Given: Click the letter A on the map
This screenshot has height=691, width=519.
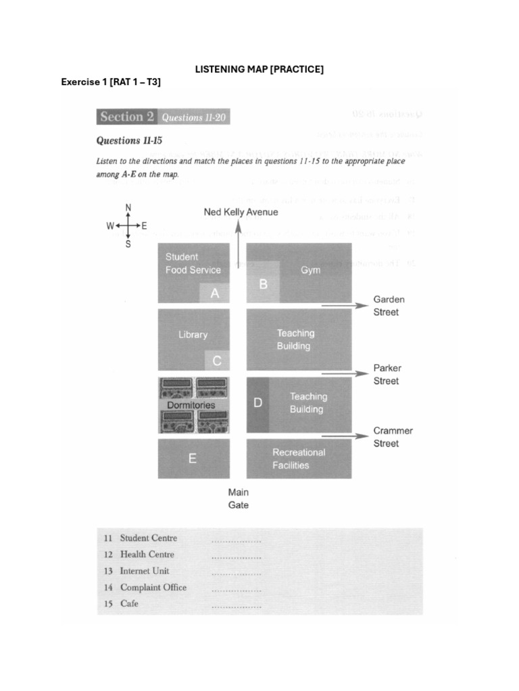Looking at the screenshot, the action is click(x=215, y=294).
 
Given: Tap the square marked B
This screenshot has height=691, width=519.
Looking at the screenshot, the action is click(x=264, y=284).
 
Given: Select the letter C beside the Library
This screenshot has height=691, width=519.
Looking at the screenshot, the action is click(x=217, y=361).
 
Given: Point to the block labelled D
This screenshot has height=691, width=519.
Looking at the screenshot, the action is click(x=257, y=404).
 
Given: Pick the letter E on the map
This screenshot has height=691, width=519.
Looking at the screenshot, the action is click(x=193, y=459).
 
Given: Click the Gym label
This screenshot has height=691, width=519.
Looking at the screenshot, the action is click(x=311, y=270).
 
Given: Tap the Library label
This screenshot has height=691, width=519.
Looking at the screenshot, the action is click(x=193, y=335).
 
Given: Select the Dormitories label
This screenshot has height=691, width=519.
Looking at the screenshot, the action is click(x=191, y=405).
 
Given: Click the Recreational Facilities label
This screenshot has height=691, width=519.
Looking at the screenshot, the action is click(x=298, y=459).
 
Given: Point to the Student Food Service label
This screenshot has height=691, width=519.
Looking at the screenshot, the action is click(x=193, y=263).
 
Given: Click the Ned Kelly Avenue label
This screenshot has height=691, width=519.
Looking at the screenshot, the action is click(x=241, y=213).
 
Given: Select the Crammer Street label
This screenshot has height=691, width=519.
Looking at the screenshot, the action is click(x=393, y=437).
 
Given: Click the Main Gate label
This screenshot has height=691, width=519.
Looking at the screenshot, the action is click(x=238, y=499).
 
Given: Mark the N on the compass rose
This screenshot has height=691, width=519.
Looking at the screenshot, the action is click(x=128, y=207).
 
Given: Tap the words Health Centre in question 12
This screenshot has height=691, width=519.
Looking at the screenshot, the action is click(x=147, y=555).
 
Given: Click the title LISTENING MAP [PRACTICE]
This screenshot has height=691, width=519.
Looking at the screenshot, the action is click(x=259, y=70).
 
